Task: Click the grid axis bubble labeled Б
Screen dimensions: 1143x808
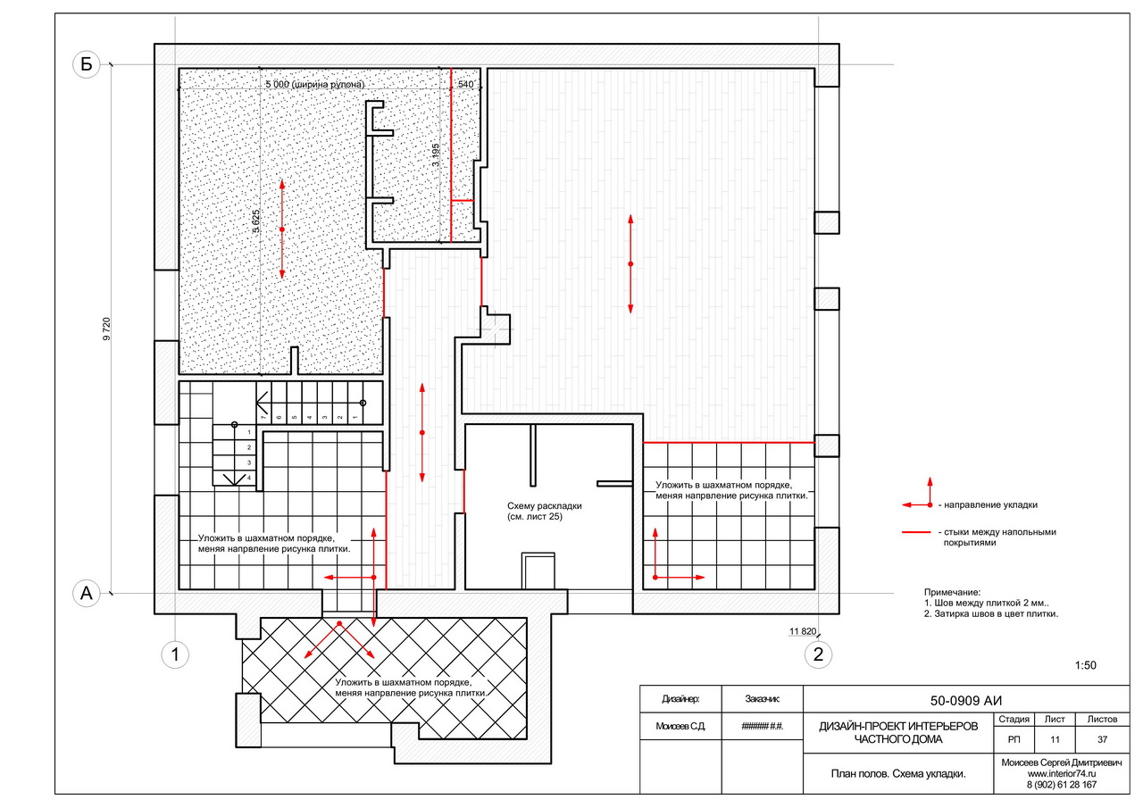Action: point(86,64)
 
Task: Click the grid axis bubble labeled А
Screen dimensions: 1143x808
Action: point(86,593)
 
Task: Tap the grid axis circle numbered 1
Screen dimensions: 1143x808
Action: point(175,654)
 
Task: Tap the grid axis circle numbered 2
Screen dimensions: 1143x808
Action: point(818,654)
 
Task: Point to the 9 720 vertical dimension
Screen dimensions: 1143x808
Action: point(106,329)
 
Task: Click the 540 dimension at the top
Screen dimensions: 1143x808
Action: point(465,84)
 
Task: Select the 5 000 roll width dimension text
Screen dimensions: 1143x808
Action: point(315,84)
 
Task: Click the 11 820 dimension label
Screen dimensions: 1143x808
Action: point(803,631)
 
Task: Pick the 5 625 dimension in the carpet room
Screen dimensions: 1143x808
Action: point(255,221)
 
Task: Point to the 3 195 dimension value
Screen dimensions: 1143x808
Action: point(435,154)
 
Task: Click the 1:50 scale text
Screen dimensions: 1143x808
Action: point(1085,665)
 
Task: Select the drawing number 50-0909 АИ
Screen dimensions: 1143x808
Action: point(966,701)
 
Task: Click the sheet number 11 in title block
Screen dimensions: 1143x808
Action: point(1055,739)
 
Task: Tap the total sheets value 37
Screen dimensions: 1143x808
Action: point(1102,739)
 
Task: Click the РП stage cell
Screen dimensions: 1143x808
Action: point(1014,739)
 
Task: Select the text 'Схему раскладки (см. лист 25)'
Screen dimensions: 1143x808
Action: point(545,511)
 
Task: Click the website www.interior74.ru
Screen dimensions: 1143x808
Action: point(1062,774)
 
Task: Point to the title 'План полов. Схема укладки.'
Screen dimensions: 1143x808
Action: point(898,774)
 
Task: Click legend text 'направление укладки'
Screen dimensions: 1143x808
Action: point(990,505)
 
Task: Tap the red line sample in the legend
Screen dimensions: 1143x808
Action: point(916,532)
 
